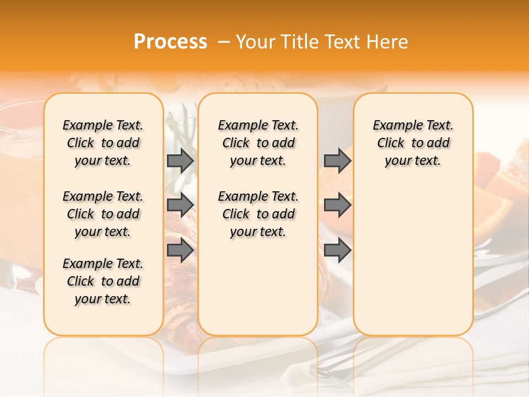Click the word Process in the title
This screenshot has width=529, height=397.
coord(170,42)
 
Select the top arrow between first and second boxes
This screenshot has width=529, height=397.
coord(180,160)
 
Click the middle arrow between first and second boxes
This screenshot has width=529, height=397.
coord(180,205)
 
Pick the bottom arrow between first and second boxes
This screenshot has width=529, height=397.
coord(180,250)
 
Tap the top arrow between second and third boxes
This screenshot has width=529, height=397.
coord(337,160)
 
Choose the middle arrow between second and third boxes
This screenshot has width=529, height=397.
coord(337,205)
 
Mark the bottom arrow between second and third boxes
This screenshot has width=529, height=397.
coord(337,250)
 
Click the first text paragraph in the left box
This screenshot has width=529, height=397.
coord(103,143)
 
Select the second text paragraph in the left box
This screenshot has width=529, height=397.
coord(103,214)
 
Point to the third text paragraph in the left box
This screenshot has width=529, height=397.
coord(103,281)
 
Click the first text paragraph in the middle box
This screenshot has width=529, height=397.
coord(258,143)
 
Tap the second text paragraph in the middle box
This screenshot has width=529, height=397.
coord(258,214)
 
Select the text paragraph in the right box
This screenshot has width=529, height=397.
coord(413,143)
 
